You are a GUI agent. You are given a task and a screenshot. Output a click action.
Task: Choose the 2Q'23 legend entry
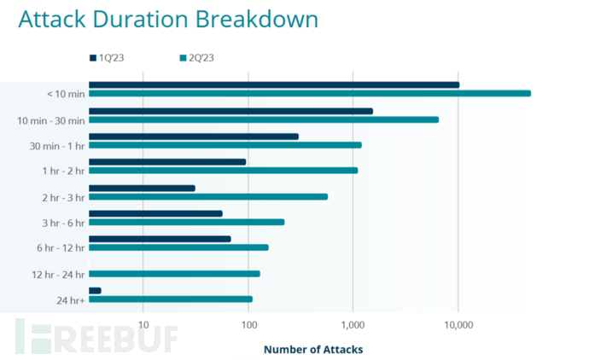point(197,58)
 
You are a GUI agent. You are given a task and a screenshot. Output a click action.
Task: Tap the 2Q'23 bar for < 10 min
point(309,93)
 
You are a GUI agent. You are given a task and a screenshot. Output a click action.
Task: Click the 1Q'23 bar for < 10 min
point(273,84)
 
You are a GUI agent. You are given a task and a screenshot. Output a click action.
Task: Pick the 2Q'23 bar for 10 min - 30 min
point(263,119)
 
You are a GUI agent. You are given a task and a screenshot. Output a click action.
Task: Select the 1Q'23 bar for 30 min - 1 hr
point(193,136)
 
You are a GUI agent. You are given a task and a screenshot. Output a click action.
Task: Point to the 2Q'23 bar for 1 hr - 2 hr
point(223,171)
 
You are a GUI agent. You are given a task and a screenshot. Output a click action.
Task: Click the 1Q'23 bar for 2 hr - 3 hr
point(142,188)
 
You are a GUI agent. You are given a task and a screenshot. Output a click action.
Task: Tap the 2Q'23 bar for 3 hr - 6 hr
point(186,222)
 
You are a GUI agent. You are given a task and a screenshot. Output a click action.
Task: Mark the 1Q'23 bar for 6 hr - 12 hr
point(160,239)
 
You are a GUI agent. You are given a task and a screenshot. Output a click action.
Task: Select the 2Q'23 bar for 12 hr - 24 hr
point(174,274)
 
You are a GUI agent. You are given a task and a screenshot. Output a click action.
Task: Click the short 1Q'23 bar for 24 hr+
point(95,291)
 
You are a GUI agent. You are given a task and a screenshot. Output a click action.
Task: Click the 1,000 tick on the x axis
point(353,325)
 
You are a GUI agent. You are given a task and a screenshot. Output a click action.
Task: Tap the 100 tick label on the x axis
point(248,325)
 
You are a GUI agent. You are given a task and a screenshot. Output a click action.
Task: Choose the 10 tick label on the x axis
point(143,325)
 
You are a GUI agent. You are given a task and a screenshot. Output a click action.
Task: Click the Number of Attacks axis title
point(313,349)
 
